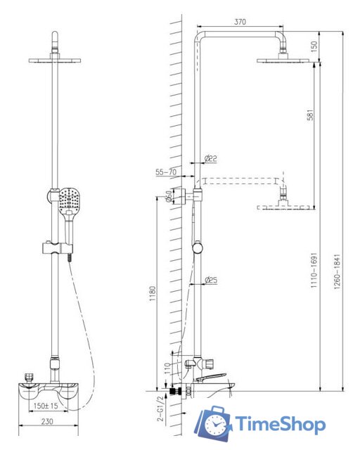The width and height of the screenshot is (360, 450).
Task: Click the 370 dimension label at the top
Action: (x=240, y=22)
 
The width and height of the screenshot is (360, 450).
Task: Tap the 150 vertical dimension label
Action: (x=314, y=46)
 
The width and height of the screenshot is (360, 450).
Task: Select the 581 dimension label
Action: (x=310, y=115)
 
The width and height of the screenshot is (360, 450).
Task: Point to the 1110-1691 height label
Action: (x=314, y=270)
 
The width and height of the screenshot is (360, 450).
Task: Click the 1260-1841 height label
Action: (x=337, y=271)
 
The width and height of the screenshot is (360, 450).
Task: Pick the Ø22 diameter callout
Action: (x=211, y=158)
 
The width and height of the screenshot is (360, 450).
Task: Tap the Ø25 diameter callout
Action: (x=211, y=280)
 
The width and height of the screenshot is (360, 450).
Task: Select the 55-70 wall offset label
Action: (x=166, y=172)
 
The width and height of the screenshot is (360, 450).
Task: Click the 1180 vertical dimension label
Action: (x=152, y=293)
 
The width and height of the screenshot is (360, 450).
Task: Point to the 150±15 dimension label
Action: (x=46, y=406)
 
